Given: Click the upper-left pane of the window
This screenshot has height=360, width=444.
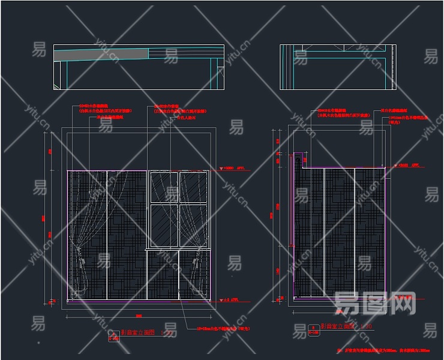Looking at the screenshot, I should click(x=163, y=188).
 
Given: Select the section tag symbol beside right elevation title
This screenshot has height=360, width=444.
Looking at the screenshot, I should click(x=313, y=329).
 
